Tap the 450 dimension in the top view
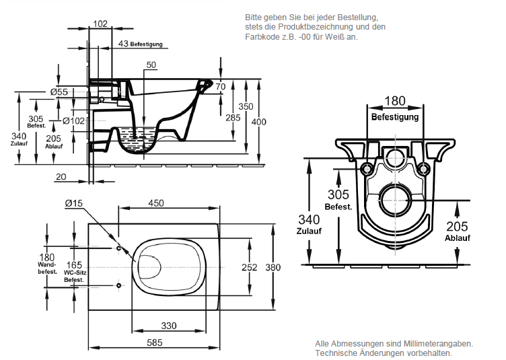pyautogui.click(x=156, y=203)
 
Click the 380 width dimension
pyautogui.click(x=273, y=267)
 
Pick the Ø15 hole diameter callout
pyautogui.click(x=73, y=203)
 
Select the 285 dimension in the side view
pyautogui.click(x=233, y=118)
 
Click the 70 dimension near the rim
pyautogui.click(x=221, y=86)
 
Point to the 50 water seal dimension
pyautogui.click(x=151, y=65)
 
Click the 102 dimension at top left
pyautogui.click(x=100, y=24)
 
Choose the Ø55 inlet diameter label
pyautogui.click(x=59, y=92)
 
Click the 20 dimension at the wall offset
pyautogui.click(x=62, y=176)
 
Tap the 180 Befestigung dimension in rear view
pyautogui.click(x=395, y=101)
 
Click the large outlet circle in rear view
pyautogui.click(x=395, y=199)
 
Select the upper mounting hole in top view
pyautogui.click(x=119, y=248)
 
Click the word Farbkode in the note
pyautogui.click(x=260, y=37)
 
